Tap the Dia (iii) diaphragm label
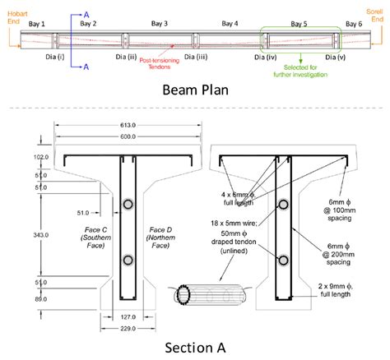point(197,58)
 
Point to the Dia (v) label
point(335,58)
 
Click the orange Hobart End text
point(16,16)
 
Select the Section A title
point(194,345)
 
